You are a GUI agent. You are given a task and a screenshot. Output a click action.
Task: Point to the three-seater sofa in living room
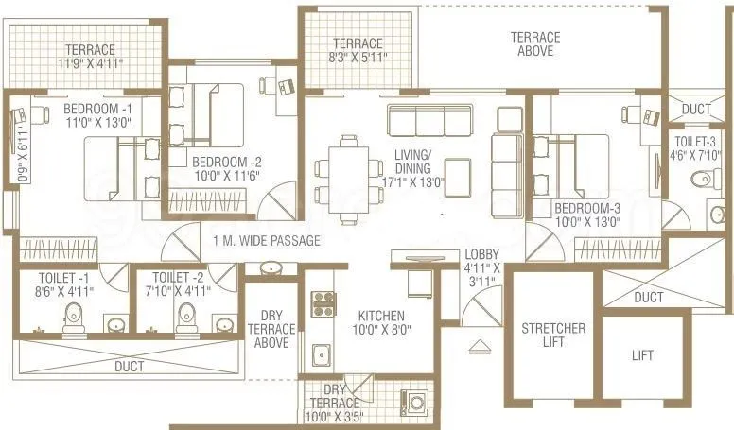(429, 120)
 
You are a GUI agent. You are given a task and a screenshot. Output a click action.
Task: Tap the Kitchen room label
(382, 316)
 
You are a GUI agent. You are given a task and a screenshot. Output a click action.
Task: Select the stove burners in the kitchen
(323, 303)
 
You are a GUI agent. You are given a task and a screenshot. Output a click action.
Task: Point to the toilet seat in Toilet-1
(75, 321)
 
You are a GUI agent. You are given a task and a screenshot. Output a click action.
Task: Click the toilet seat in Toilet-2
(188, 321)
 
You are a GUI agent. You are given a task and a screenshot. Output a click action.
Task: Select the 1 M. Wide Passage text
(267, 241)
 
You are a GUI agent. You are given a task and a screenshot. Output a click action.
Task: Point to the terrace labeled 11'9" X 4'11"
(90, 57)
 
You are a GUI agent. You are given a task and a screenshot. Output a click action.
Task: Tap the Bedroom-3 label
(586, 208)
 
